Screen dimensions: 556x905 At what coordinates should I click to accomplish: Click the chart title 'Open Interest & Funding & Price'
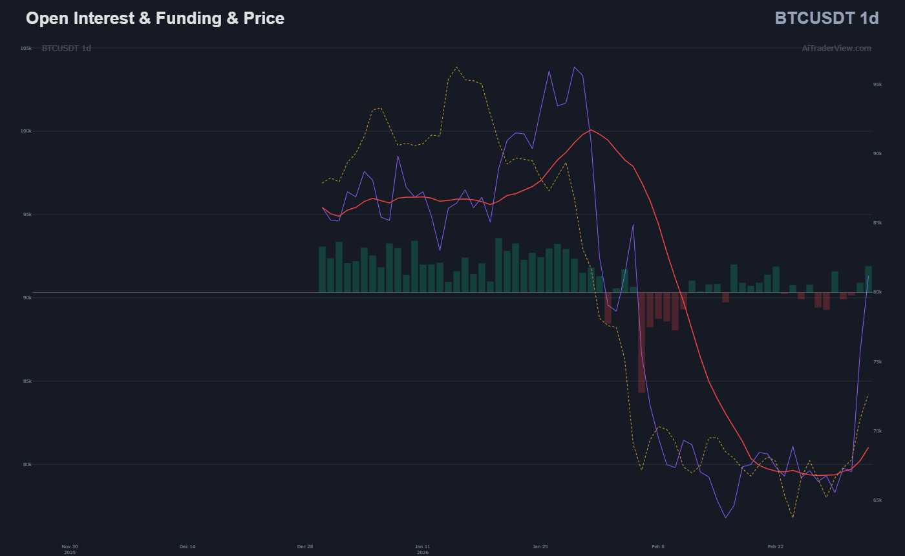point(155,18)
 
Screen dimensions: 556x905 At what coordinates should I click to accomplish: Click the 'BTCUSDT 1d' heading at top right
point(826,18)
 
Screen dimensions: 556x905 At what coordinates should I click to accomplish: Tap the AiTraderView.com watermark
point(836,48)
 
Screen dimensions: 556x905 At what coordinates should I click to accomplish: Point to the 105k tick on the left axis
point(26,48)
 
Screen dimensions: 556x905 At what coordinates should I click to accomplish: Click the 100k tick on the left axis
point(26,131)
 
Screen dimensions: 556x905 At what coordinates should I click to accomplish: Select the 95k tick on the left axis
point(27,215)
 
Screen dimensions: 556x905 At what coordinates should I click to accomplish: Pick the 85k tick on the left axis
point(27,381)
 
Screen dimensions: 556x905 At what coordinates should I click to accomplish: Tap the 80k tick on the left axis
point(27,464)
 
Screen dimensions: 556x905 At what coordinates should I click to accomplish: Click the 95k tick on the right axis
point(877,85)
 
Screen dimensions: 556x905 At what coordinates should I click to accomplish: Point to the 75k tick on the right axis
point(877,361)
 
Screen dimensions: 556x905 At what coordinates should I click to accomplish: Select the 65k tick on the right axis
point(877,500)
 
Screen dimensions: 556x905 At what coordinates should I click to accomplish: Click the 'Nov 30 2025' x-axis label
point(70,550)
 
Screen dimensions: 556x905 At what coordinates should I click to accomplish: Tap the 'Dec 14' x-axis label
point(187,547)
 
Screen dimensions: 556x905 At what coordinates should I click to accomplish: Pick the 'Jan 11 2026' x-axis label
point(423,550)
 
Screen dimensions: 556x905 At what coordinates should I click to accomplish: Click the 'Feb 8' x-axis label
point(658,547)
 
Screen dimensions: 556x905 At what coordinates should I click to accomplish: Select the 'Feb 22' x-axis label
point(776,547)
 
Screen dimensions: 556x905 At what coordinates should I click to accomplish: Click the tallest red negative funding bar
point(641,343)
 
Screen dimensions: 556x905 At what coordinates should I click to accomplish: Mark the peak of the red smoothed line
point(591,130)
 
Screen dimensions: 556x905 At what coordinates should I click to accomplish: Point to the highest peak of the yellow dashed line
point(456,67)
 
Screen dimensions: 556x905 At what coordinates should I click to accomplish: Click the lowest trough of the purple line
point(725,517)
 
